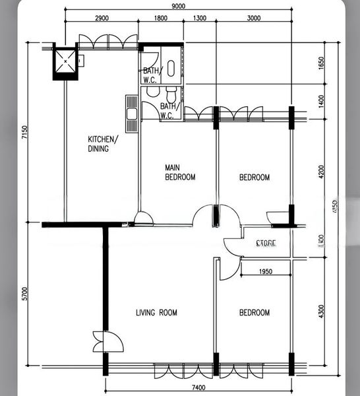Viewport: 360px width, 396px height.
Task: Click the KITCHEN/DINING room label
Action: coord(103,144)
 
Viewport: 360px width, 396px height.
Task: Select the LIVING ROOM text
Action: coord(156,313)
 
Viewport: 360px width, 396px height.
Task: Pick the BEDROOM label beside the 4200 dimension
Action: coord(254,178)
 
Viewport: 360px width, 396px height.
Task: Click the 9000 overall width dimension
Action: coord(178,6)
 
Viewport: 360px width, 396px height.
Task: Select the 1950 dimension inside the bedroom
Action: coord(266,271)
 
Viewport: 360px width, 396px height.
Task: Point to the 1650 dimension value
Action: coord(321,64)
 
